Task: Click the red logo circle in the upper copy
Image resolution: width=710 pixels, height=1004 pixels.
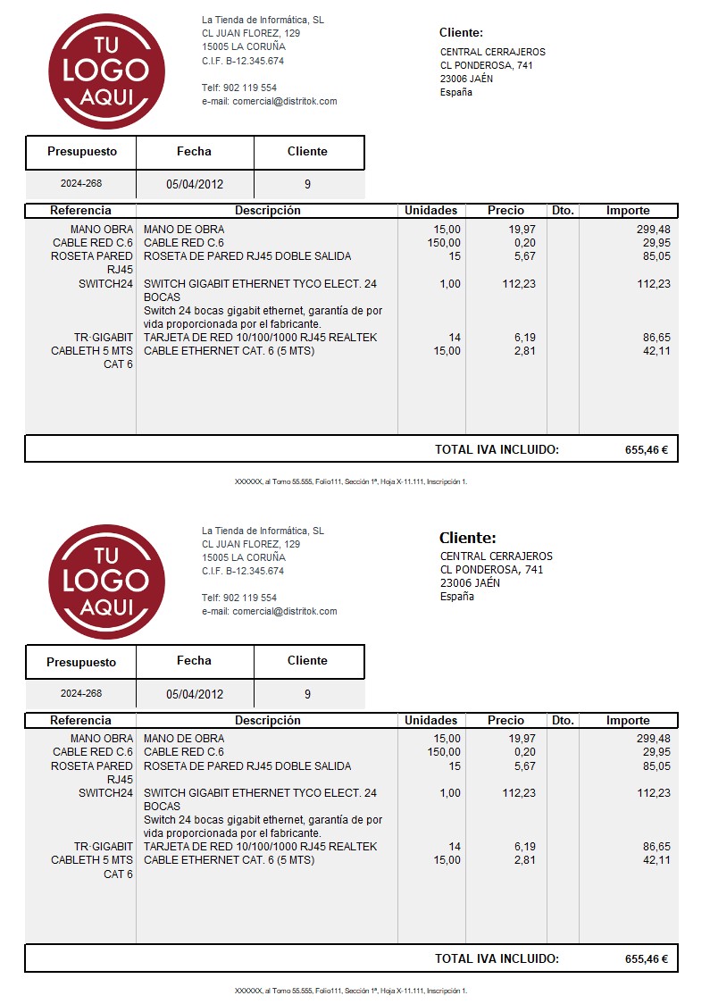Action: [106, 71]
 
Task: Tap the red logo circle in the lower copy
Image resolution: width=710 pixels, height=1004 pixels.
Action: [106, 581]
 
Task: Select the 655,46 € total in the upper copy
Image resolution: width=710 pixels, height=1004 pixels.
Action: [647, 450]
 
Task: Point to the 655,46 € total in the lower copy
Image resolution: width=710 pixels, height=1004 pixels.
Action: [647, 959]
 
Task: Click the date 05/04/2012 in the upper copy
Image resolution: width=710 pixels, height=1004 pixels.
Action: [195, 185]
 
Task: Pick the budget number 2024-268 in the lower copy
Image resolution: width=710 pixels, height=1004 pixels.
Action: [81, 693]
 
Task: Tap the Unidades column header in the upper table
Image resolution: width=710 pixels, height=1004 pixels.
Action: [430, 211]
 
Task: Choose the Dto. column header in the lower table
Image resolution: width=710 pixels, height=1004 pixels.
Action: [563, 721]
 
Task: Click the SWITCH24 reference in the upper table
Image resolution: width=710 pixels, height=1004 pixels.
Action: [105, 284]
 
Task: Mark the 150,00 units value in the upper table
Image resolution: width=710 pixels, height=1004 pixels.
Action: [444, 243]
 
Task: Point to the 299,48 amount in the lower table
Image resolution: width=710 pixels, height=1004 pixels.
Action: [653, 739]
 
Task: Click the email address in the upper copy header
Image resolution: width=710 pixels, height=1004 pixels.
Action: [270, 102]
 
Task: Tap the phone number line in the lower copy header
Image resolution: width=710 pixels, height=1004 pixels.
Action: [239, 598]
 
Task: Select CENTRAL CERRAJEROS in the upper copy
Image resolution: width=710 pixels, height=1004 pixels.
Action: [493, 52]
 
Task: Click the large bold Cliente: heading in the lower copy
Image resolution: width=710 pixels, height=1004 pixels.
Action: [467, 538]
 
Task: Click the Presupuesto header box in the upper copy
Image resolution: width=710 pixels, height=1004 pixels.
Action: [81, 152]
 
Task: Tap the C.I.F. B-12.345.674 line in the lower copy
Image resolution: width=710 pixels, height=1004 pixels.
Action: [243, 571]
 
